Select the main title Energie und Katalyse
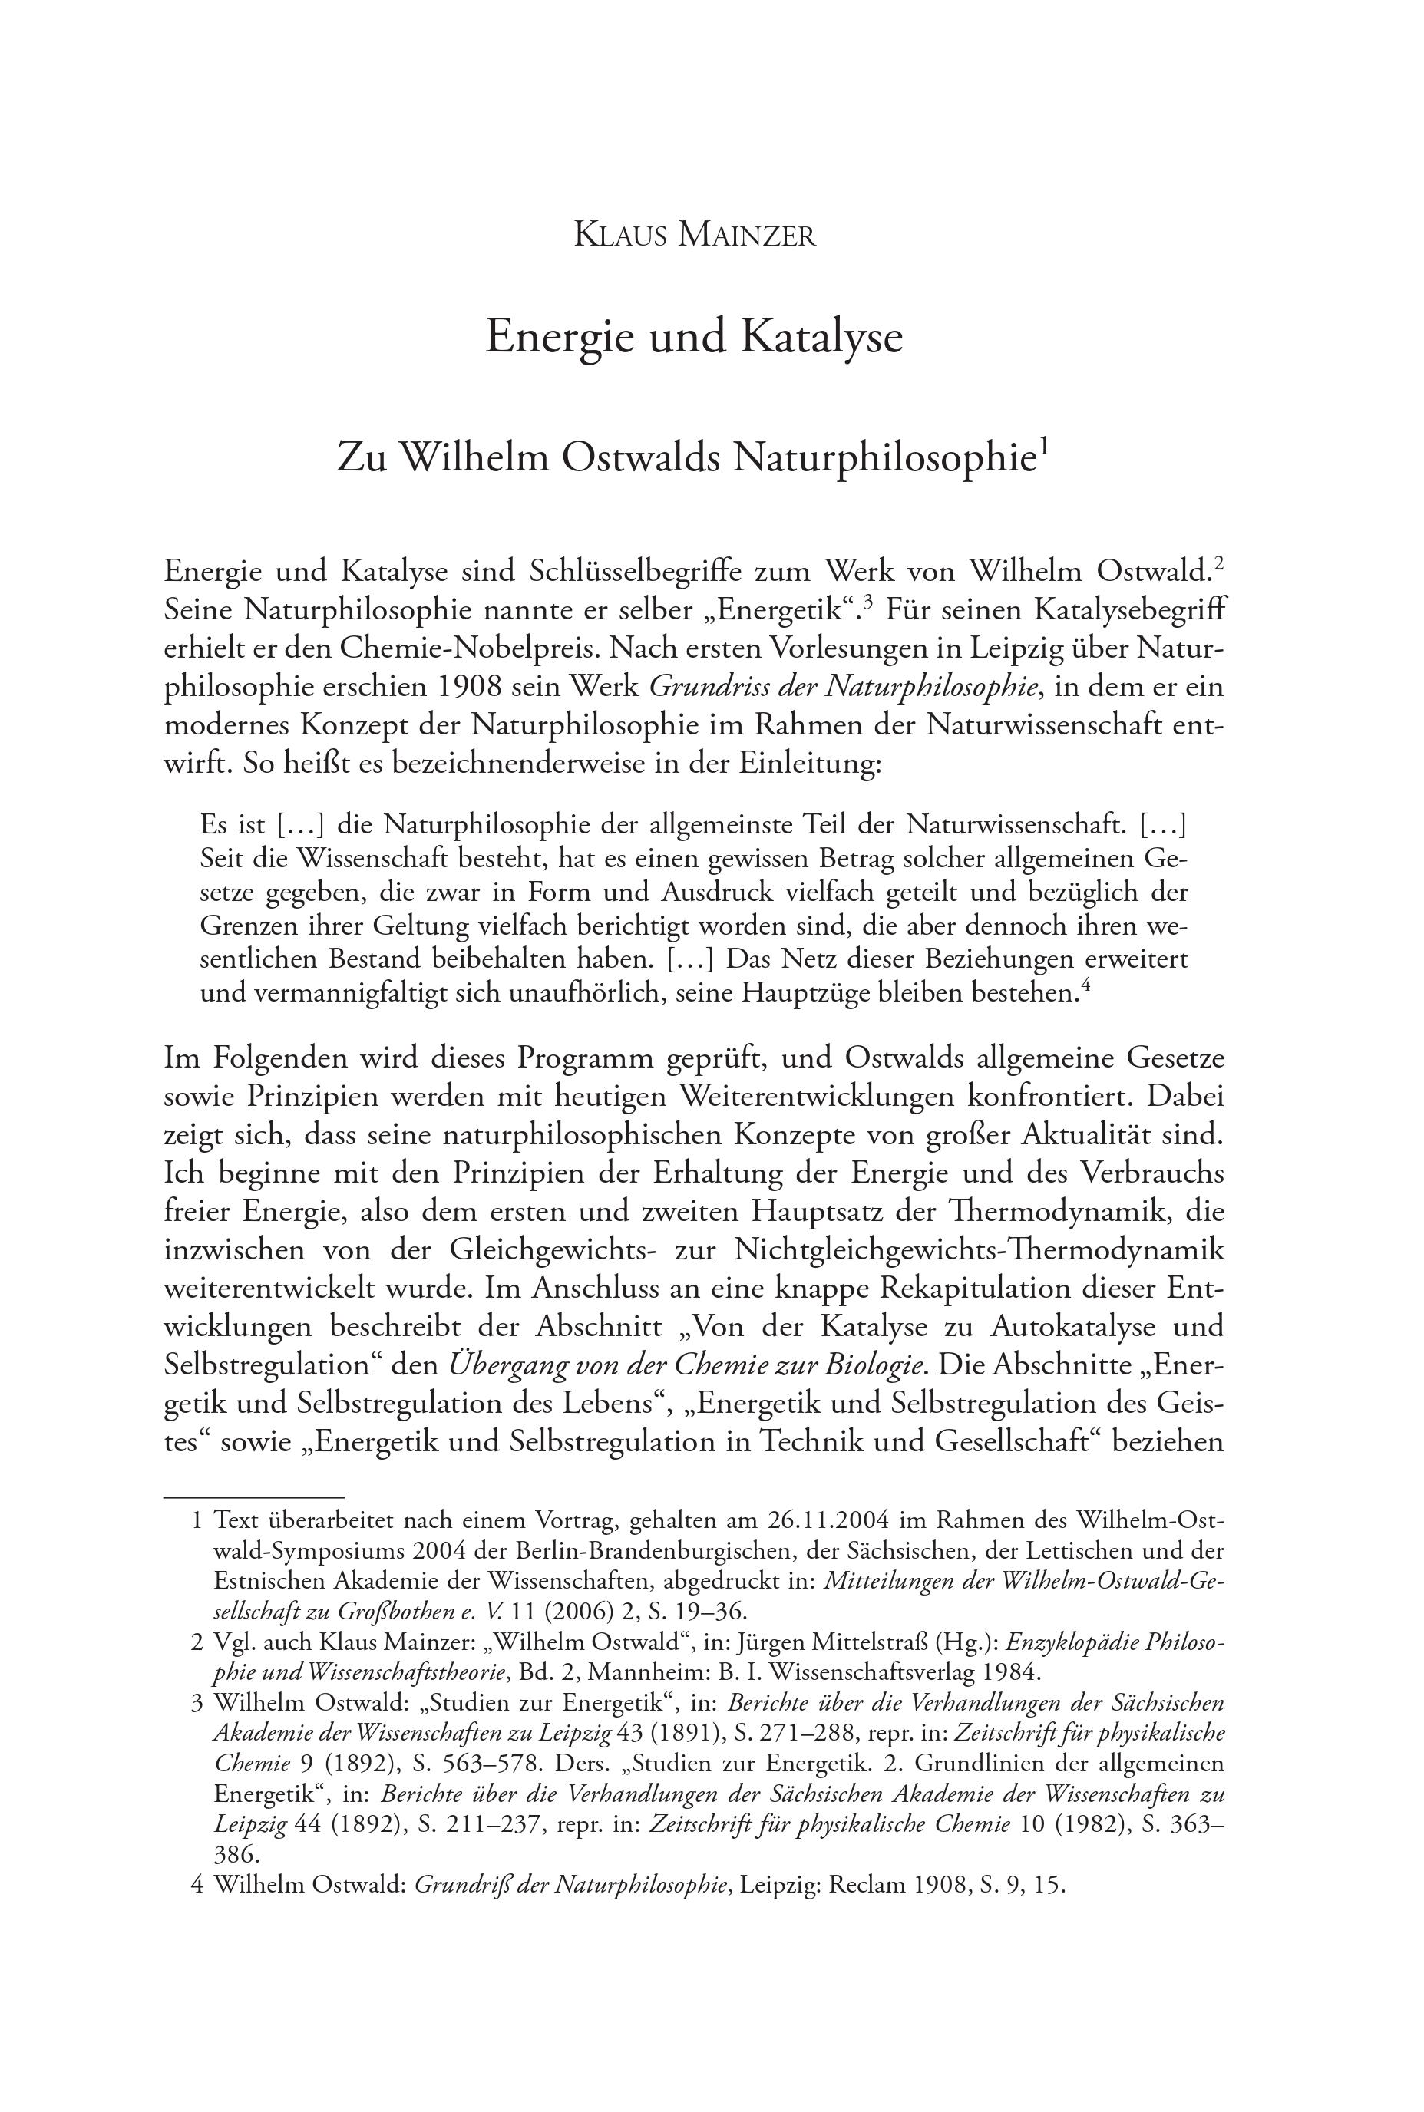click(x=694, y=337)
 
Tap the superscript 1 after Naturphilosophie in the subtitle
click(x=1044, y=446)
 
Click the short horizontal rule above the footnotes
click(x=253, y=1497)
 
